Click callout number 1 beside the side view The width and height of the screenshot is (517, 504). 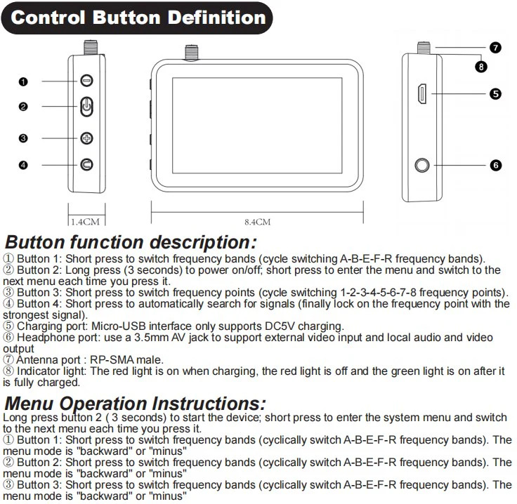click(23, 81)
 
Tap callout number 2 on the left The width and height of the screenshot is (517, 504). click(23, 107)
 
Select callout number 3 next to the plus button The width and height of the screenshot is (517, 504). click(23, 138)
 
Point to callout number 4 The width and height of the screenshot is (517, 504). click(23, 165)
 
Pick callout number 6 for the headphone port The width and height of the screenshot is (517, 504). click(495, 166)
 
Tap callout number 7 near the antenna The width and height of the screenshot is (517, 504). click(495, 48)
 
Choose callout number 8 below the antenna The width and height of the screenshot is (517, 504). click(481, 67)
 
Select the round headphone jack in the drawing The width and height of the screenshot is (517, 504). click(422, 166)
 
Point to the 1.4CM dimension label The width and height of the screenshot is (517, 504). click(86, 221)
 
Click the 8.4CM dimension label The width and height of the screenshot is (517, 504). click(257, 221)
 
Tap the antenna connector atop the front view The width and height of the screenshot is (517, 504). click(190, 52)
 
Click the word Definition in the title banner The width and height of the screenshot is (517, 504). click(208, 18)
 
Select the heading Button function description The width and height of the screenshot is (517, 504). click(131, 243)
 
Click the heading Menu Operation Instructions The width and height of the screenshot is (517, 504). click(135, 404)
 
